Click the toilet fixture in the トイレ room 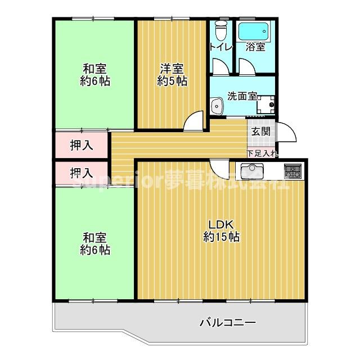click(221, 28)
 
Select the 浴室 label click(255, 47)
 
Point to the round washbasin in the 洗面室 click(216, 105)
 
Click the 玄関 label click(260, 132)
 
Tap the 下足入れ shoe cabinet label click(262, 153)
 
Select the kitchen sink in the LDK click(251, 169)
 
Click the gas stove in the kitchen click(292, 169)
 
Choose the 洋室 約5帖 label click(172, 75)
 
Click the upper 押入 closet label click(82, 145)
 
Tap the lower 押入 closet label click(82, 173)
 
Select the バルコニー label click(228, 323)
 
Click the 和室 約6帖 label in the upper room click(94, 75)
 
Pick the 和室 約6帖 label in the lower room click(94, 243)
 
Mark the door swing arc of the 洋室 click(194, 120)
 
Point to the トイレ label click(220, 47)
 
